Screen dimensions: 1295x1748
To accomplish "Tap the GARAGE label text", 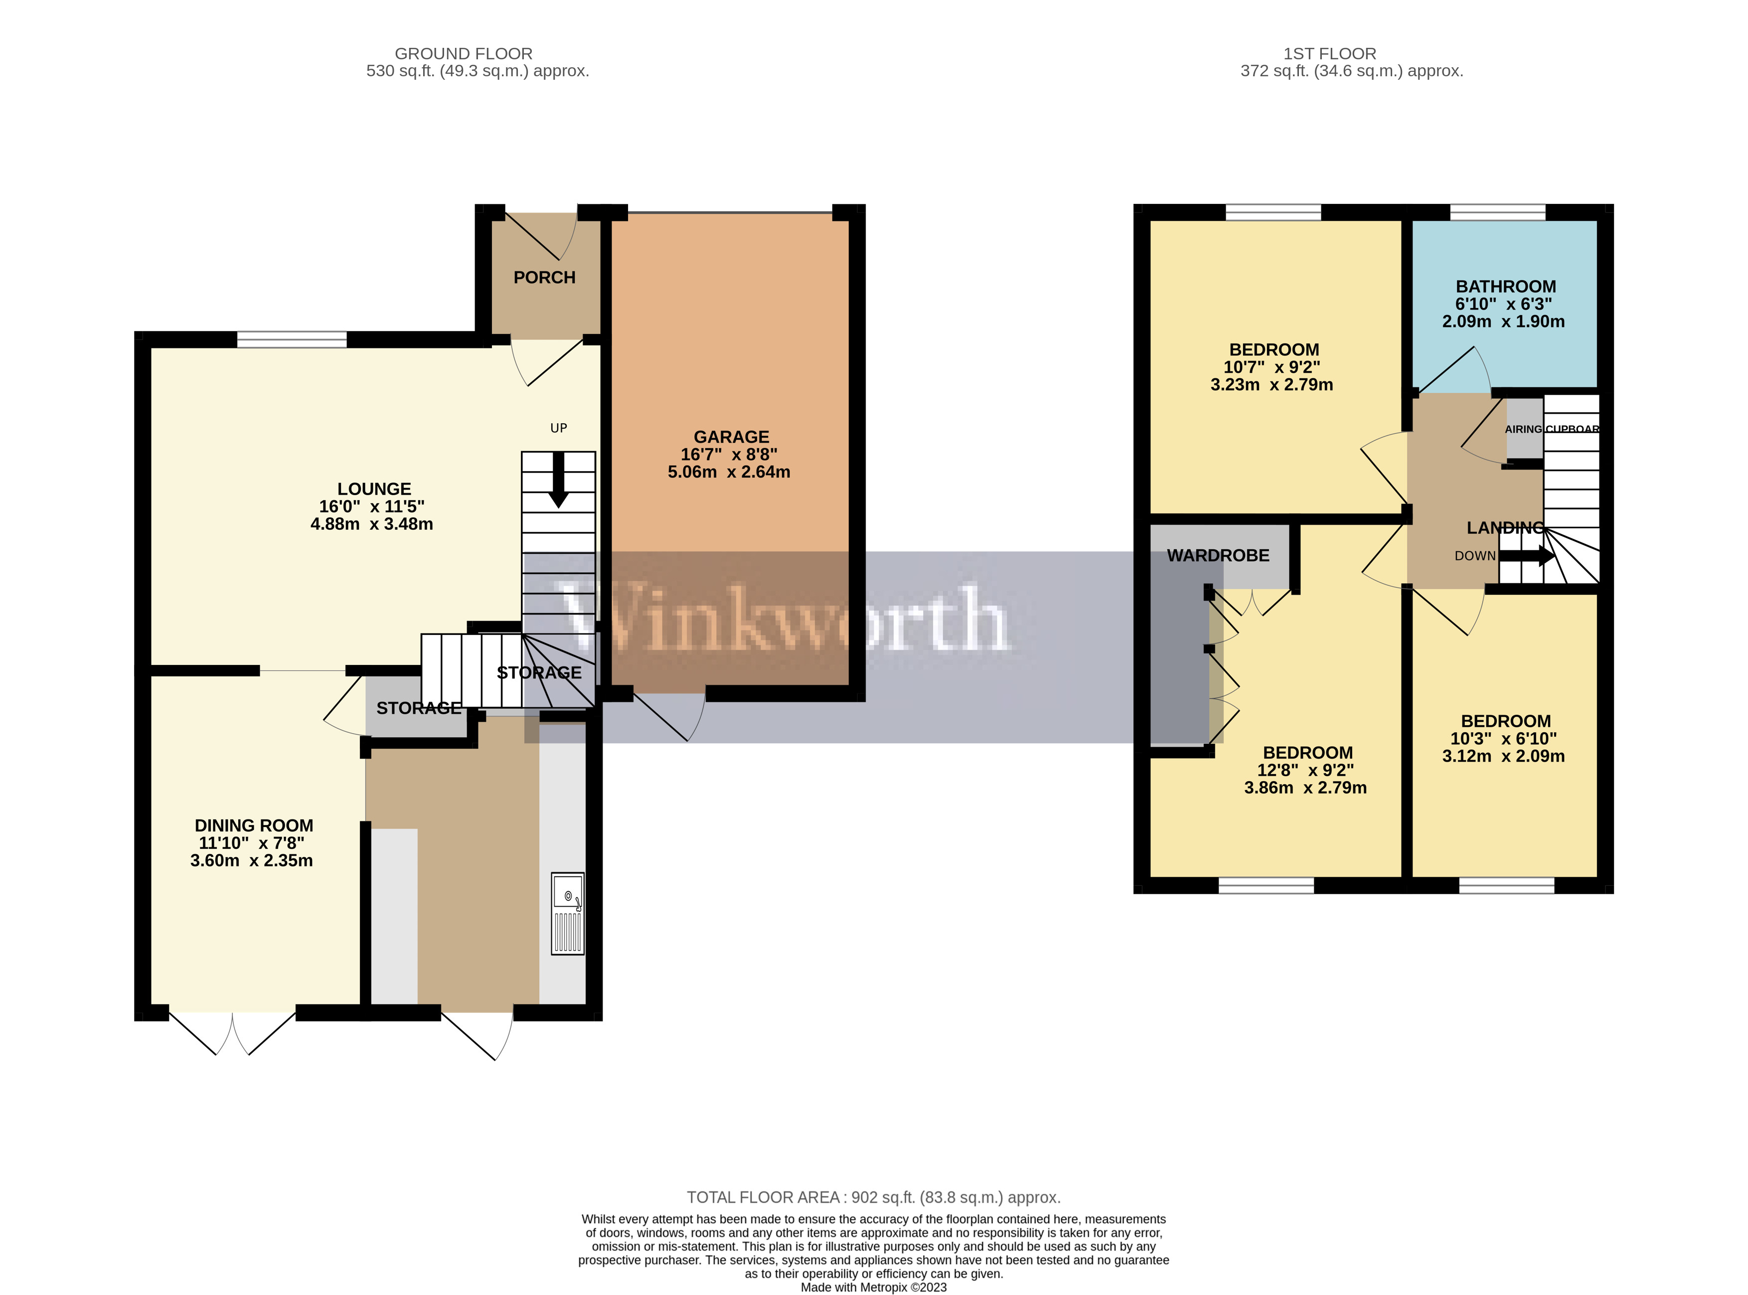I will click(x=731, y=437).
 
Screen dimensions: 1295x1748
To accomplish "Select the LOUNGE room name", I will click(x=374, y=489).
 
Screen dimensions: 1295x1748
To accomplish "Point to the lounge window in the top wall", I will click(x=292, y=339).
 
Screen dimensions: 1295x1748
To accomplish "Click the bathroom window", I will click(x=1497, y=212).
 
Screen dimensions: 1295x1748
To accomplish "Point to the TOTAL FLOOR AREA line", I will click(x=873, y=1197).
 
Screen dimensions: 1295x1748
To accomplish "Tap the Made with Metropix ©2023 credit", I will click(x=873, y=1287).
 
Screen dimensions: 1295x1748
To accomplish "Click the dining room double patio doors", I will click(x=233, y=1031).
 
